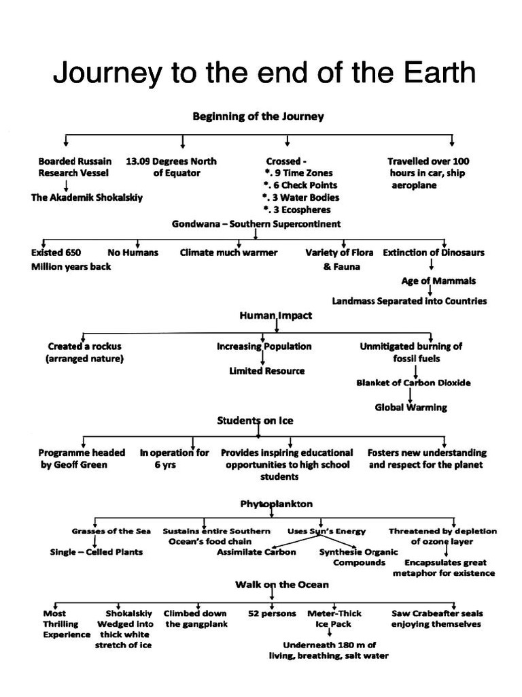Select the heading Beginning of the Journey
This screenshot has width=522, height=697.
pos(258,116)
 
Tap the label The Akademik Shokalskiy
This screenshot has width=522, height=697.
pos(87,198)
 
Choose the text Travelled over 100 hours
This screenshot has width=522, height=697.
pos(428,167)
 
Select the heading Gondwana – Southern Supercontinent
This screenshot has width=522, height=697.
pos(257,224)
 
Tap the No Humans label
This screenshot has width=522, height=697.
pos(133,253)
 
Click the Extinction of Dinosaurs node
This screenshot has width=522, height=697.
pos(434,253)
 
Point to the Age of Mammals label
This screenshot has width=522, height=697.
pos(438,280)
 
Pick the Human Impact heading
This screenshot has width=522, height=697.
pos(276,316)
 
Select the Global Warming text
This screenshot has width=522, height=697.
pos(411,408)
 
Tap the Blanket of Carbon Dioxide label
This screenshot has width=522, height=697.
pos(413,383)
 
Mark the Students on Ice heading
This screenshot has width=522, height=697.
pos(255,421)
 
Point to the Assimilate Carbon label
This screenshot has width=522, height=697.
pos(256,552)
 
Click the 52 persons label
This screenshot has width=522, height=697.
pos(273,613)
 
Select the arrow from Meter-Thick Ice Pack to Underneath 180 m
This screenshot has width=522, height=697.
pos(330,634)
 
